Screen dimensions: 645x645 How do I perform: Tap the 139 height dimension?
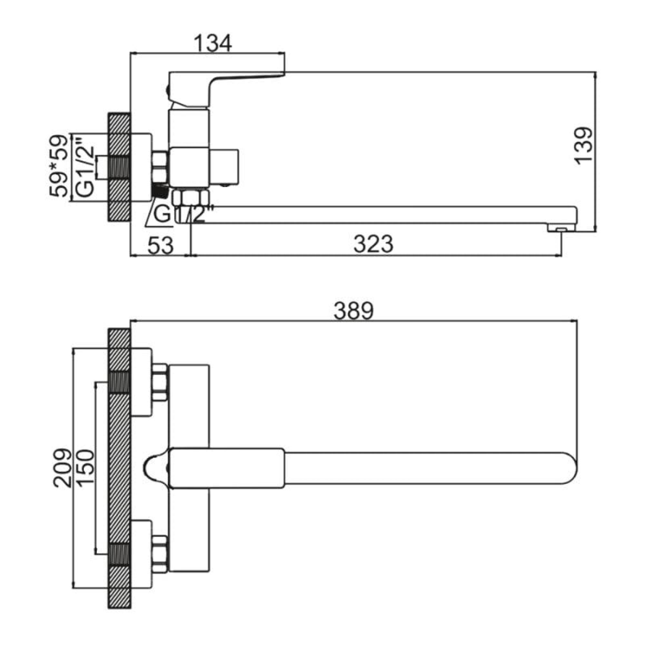584,145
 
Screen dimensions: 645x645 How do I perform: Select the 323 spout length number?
373,244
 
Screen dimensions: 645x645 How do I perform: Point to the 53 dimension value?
161,245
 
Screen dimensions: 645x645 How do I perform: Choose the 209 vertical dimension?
63,468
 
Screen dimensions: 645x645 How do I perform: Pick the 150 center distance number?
86,468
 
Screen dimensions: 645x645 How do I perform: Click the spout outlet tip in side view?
561,228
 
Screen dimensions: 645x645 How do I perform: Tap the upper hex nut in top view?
160,382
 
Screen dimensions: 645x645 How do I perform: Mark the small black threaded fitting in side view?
160,192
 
